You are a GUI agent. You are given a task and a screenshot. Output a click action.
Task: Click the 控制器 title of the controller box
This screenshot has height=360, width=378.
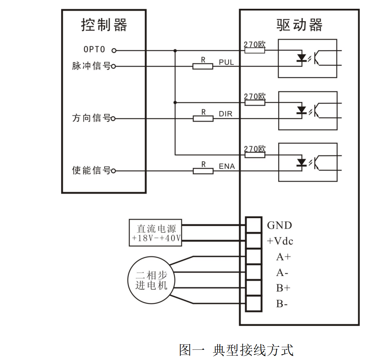pyautogui.click(x=104, y=26)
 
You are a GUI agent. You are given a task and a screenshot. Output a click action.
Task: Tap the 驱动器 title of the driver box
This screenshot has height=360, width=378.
pyautogui.click(x=299, y=26)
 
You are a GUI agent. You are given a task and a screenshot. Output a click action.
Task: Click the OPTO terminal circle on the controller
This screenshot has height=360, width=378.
pyautogui.click(x=114, y=50)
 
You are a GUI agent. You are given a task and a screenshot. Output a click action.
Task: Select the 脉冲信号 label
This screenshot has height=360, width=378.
pyautogui.click(x=91, y=67)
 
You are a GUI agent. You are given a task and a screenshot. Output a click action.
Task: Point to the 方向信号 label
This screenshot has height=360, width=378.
pyautogui.click(x=91, y=118)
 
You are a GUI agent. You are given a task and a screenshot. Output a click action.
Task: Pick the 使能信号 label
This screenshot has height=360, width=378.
pyautogui.click(x=91, y=171)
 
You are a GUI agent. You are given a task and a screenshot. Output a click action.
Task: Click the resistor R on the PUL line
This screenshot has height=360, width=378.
pyautogui.click(x=203, y=66)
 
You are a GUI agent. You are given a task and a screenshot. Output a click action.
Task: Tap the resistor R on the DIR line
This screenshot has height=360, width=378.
pyautogui.click(x=203, y=118)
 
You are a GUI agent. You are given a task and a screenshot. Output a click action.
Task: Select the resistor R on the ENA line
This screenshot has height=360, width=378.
pyautogui.click(x=203, y=171)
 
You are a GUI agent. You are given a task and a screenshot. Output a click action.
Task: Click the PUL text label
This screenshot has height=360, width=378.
pyautogui.click(x=226, y=62)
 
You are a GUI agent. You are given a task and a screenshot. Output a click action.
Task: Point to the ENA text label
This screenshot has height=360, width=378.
pyautogui.click(x=227, y=167)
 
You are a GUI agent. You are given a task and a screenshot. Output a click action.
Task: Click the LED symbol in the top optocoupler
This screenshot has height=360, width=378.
pyautogui.click(x=301, y=58)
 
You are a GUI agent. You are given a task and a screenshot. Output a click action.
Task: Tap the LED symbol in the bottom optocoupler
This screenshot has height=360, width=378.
pyautogui.click(x=301, y=162)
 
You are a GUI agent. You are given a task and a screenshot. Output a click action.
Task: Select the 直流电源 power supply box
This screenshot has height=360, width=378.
pyautogui.click(x=155, y=233)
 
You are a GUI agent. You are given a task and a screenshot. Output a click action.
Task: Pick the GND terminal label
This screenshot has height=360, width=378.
pyautogui.click(x=279, y=226)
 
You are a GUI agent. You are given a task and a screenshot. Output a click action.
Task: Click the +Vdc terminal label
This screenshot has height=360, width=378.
pyautogui.click(x=280, y=241)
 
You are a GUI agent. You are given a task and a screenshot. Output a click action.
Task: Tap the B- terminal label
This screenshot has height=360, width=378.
pyautogui.click(x=281, y=304)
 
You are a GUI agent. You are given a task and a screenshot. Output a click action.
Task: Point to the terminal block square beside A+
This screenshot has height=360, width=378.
pyautogui.click(x=253, y=257)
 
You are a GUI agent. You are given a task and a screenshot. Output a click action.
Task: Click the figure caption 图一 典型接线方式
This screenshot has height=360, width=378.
pyautogui.click(x=236, y=350)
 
